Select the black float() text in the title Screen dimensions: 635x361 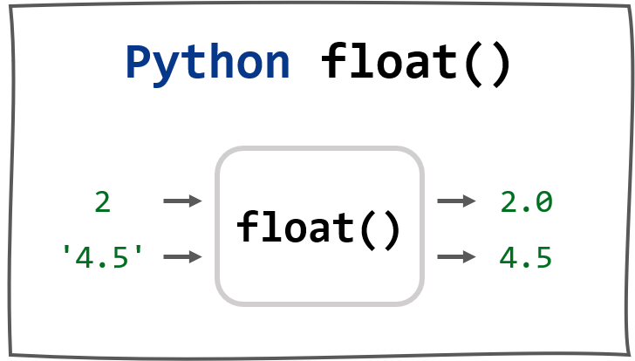click(416, 64)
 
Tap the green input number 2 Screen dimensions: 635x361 click(102, 201)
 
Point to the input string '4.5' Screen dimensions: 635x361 click(102, 257)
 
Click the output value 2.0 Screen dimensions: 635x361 click(526, 201)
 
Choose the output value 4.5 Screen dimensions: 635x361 click(526, 257)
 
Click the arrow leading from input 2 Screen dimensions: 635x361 click(182, 201)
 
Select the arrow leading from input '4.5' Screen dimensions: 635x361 click(182, 256)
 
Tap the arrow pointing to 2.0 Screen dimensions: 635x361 click(456, 201)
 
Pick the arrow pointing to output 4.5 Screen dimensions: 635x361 click(456, 256)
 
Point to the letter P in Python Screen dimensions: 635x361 click(139, 62)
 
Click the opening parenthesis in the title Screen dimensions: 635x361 click(473, 65)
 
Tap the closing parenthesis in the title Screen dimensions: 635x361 click(501, 65)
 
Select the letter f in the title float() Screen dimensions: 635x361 click(333, 60)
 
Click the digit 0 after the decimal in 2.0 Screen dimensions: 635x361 click(544, 201)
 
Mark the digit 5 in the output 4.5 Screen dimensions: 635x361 click(543, 257)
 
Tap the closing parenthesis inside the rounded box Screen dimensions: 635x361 click(391, 230)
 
